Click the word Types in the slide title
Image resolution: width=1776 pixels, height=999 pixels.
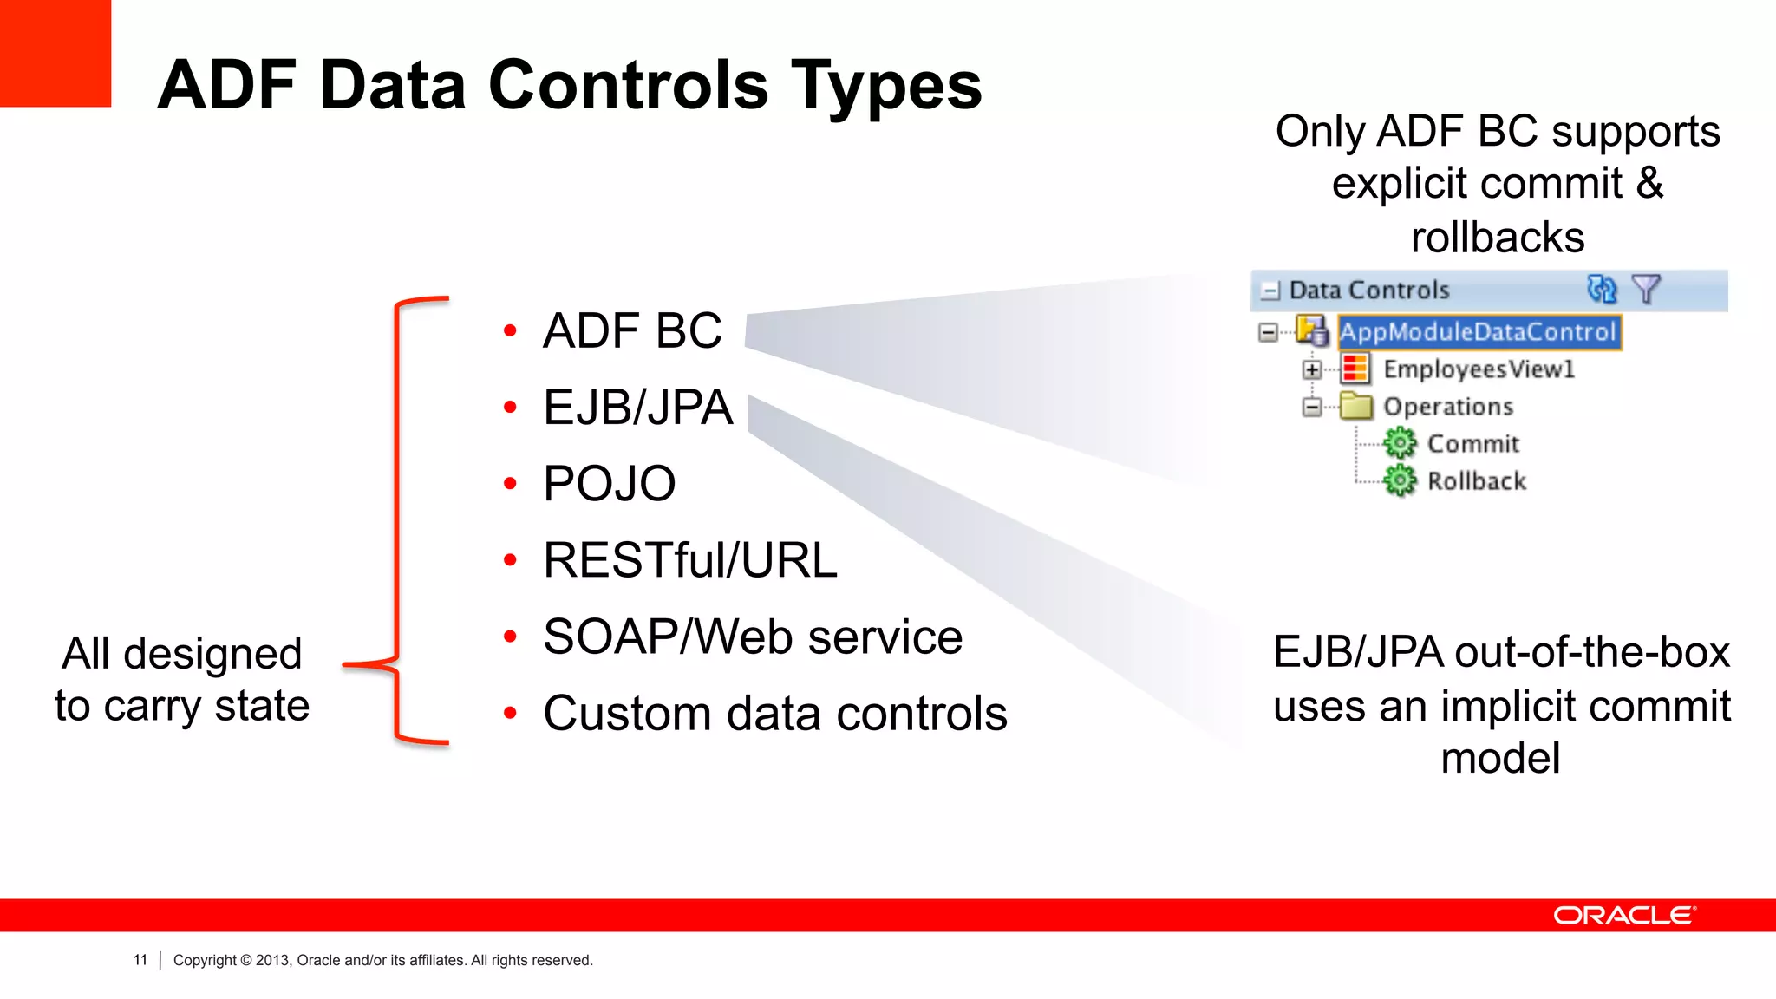pos(886,87)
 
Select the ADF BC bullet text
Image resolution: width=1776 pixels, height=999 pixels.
pos(632,330)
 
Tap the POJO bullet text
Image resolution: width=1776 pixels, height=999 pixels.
pos(609,483)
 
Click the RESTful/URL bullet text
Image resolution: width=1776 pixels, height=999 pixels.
pos(690,560)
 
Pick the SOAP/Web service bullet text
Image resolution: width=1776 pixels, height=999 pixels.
pos(753,637)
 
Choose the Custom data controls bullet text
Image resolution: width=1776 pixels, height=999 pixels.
pos(775,714)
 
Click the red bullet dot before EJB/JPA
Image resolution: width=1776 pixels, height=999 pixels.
pos(510,407)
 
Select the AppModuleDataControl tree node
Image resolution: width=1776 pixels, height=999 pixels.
pos(1478,332)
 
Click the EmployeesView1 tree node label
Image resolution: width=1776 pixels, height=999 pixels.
pos(1479,369)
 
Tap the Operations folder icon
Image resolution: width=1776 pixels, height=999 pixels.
pos(1355,406)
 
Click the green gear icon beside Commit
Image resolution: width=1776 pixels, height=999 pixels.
pos(1399,443)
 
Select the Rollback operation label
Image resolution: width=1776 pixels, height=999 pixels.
pos(1476,481)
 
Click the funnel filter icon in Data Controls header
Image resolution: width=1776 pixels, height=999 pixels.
pos(1645,289)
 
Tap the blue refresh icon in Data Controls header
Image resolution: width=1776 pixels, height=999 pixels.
pos(1601,289)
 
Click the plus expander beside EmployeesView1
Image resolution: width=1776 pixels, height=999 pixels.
pos(1312,370)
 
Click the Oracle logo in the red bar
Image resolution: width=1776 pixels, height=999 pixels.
pos(1623,916)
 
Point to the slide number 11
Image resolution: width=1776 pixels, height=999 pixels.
pos(140,960)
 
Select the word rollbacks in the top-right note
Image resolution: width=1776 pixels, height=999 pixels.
pos(1498,238)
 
